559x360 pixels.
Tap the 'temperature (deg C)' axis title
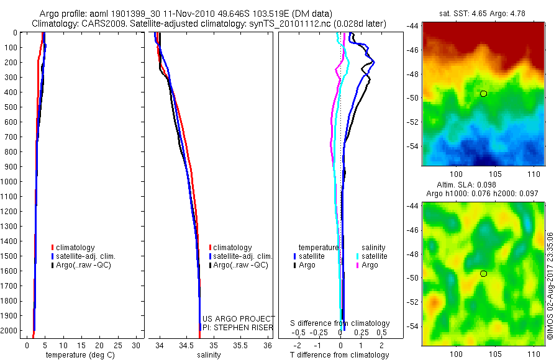pyautogui.click(x=78, y=355)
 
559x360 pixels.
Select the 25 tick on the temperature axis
pyautogui.click(x=117, y=345)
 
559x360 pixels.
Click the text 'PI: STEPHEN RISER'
pyautogui.click(x=237, y=327)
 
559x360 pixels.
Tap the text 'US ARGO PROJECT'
pyautogui.click(x=239, y=318)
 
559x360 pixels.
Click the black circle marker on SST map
pyautogui.click(x=483, y=94)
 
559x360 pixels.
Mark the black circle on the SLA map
pyautogui.click(x=483, y=274)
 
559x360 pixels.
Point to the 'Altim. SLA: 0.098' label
pyautogui.click(x=483, y=185)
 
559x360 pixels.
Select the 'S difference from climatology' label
pyautogui.click(x=340, y=323)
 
